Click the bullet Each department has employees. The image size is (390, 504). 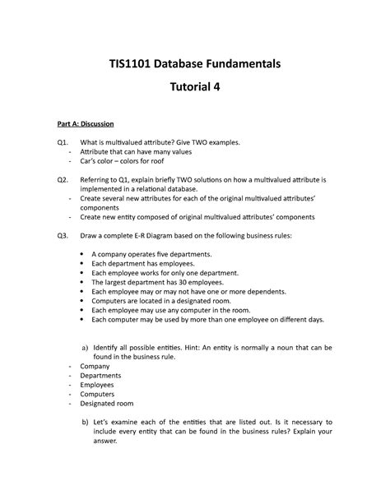(x=142, y=265)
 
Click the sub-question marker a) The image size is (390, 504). (x=85, y=349)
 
